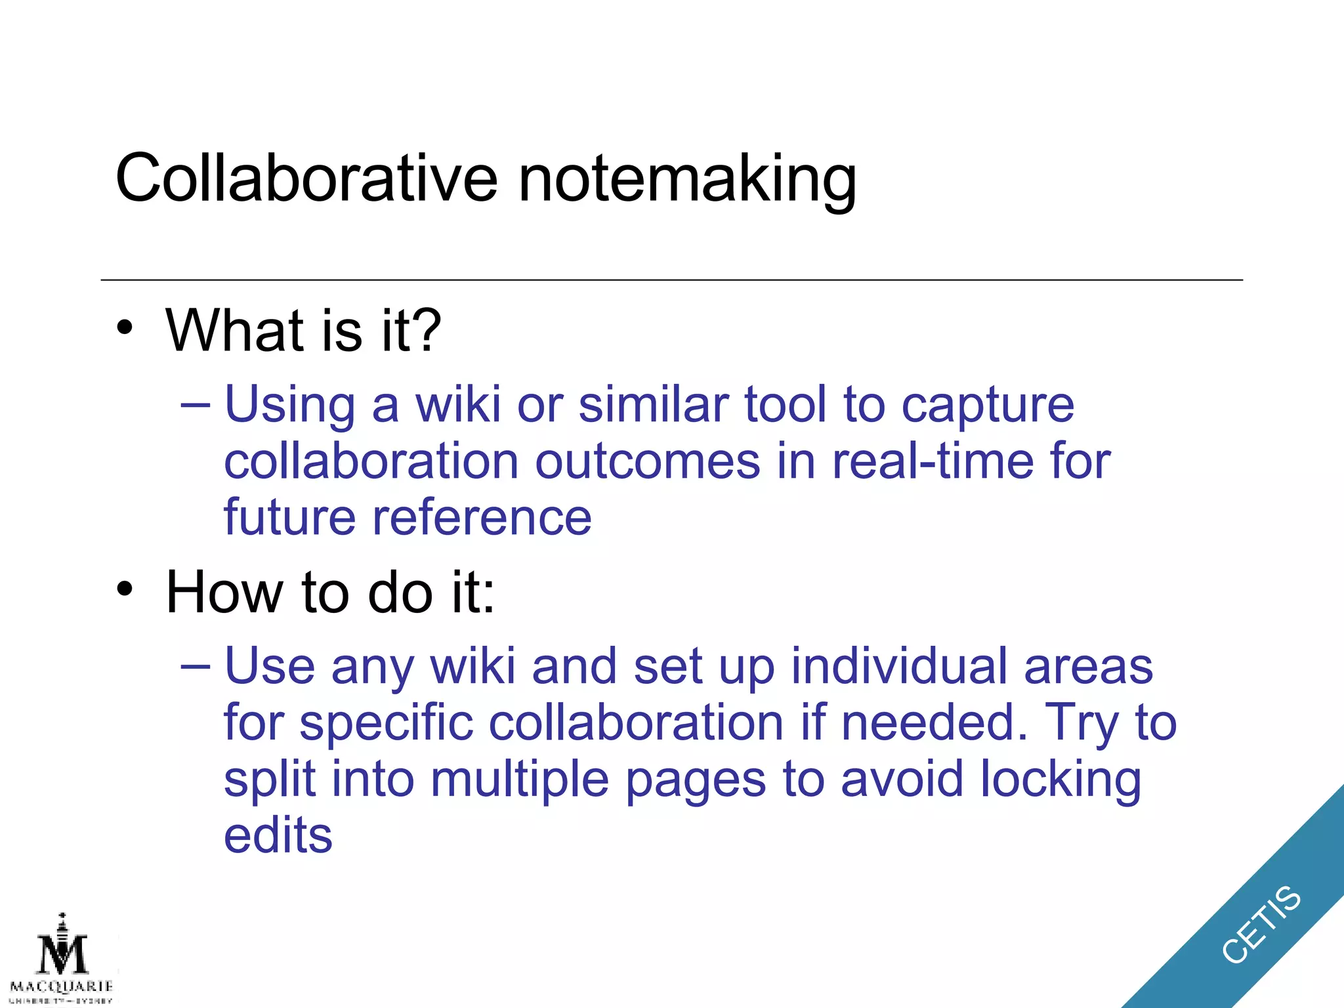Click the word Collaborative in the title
(306, 178)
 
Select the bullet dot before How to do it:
(125, 589)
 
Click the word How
(225, 592)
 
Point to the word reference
(482, 518)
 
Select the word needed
(934, 723)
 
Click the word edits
(278, 835)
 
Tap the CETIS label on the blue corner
(1261, 924)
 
